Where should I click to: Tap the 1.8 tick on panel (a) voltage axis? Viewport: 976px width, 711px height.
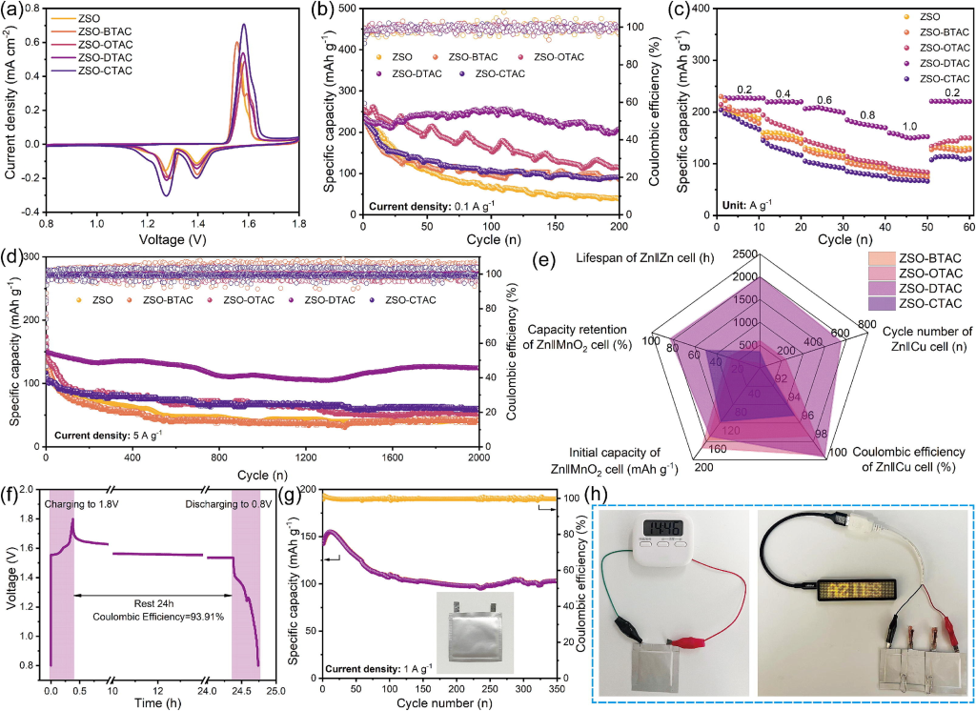coord(298,222)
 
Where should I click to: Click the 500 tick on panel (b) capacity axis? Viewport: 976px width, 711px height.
coord(348,10)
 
